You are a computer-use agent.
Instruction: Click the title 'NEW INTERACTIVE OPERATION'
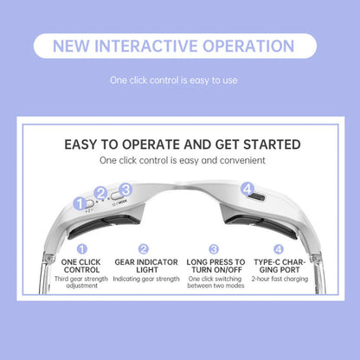[x=180, y=46]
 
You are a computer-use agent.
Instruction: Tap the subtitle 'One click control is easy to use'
[x=180, y=80]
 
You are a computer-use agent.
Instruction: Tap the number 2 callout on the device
[x=101, y=194]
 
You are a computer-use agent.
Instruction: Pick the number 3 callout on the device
[x=125, y=189]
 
